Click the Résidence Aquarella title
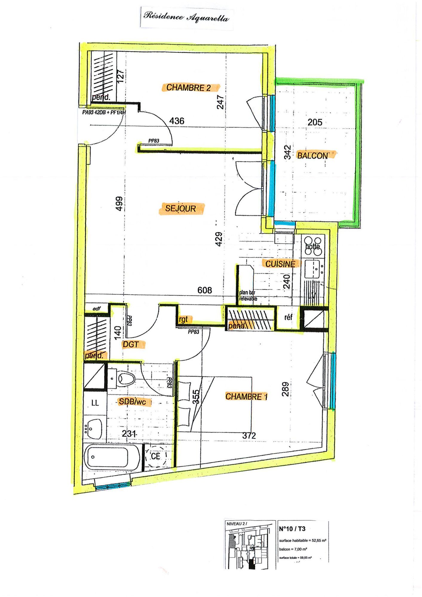tap(186, 17)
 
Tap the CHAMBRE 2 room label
tap(189, 88)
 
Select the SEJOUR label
tap(181, 208)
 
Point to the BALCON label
tap(312, 156)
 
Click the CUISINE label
tap(280, 264)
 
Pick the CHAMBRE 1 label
tap(246, 396)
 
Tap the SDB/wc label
tap(133, 402)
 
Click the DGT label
tap(131, 344)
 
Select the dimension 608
tap(205, 290)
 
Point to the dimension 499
tap(119, 204)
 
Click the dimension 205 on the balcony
tap(315, 122)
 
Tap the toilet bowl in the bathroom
tap(126, 379)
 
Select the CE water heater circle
tap(156, 456)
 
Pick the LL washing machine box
tap(95, 403)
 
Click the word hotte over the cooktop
tap(313, 247)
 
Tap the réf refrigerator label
tap(288, 317)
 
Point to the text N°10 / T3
tap(292, 529)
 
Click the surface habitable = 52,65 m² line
tap(302, 540)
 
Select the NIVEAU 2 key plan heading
tap(237, 524)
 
